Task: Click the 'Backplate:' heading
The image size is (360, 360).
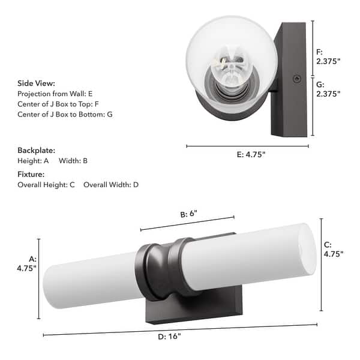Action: pyautogui.click(x=36, y=150)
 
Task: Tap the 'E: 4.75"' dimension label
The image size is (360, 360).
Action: pyautogui.click(x=247, y=155)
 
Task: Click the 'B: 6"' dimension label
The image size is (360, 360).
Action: pyautogui.click(x=189, y=214)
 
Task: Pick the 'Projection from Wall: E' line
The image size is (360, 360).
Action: pyautogui.click(x=55, y=94)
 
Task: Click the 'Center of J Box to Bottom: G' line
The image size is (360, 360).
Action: pyautogui.click(x=65, y=114)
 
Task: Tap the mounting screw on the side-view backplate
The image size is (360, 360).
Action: pyautogui.click(x=294, y=79)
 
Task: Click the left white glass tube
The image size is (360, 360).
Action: pyautogui.click(x=90, y=281)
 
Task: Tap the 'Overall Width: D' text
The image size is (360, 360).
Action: pyautogui.click(x=111, y=185)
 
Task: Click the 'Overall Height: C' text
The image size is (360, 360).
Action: pyautogui.click(x=46, y=185)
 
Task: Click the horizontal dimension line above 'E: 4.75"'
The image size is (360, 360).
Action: pyautogui.click(x=247, y=146)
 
